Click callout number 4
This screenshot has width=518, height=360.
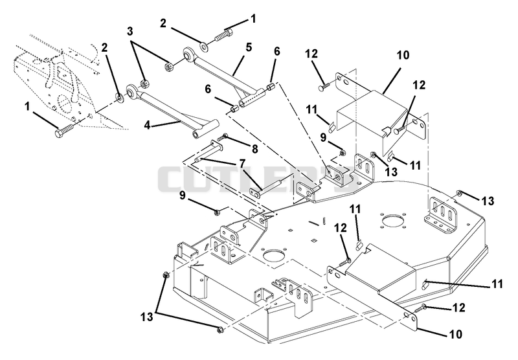coord(148,126)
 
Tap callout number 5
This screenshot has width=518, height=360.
coord(249,47)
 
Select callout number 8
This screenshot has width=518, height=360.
coord(254,150)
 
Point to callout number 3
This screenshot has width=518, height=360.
coord(130,31)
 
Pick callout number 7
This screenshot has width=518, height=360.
coord(242,163)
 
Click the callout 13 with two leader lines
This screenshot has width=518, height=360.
coord(147,317)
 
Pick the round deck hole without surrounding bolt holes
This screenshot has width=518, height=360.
coord(274,256)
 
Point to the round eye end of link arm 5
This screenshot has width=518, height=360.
coord(189,54)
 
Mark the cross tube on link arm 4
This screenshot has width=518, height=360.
coord(206,128)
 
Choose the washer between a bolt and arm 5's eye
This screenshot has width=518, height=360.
coord(205,47)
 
